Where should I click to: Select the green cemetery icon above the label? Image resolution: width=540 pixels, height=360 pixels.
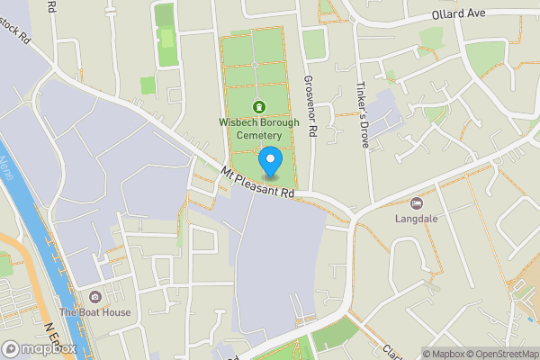tap(260, 107)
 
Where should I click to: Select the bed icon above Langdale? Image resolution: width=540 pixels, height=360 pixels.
tap(416, 203)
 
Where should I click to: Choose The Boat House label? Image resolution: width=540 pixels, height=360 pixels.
tap(95, 312)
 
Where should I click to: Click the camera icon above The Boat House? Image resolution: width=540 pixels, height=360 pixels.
tap(95, 297)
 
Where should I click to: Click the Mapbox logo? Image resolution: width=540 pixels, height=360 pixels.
tap(40, 349)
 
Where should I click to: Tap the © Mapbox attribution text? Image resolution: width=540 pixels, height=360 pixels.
tap(444, 354)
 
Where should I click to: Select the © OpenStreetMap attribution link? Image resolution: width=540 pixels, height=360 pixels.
tap(501, 354)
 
